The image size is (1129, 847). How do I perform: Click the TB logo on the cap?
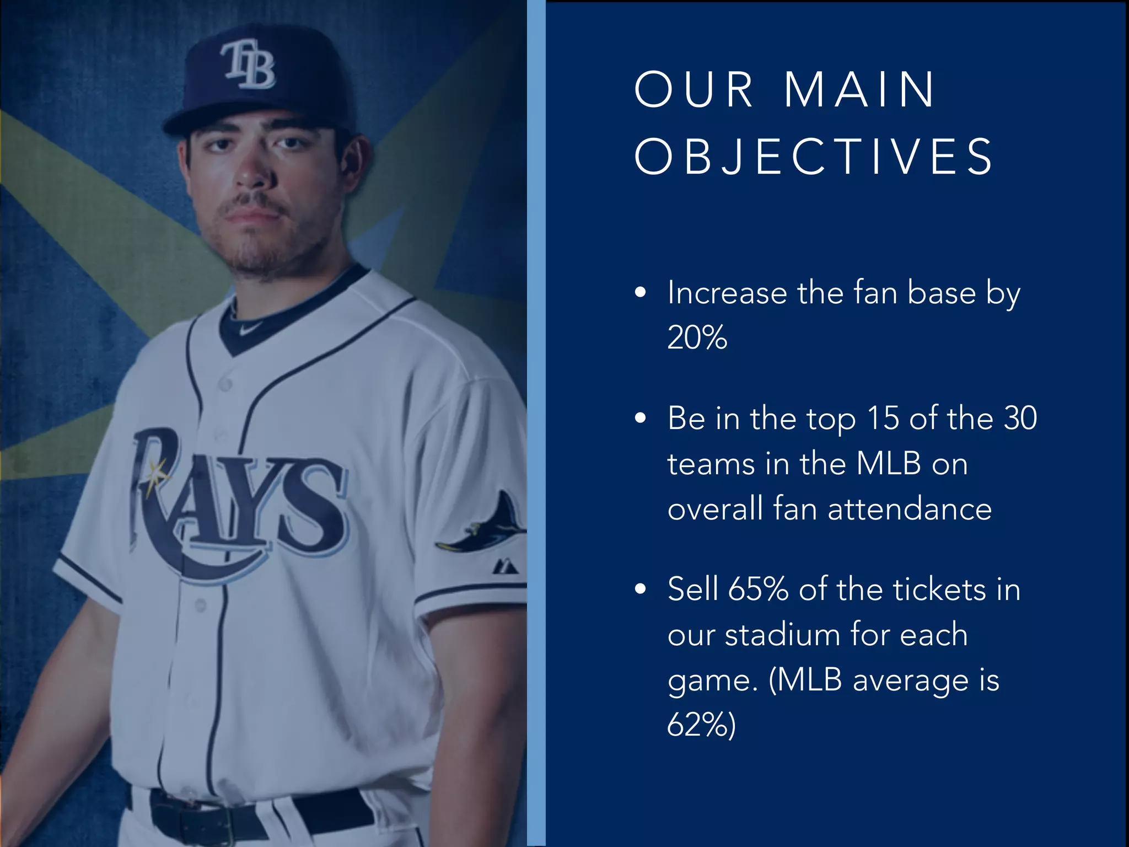249,64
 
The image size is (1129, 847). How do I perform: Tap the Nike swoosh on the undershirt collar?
249,329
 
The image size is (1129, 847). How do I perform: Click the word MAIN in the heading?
859,89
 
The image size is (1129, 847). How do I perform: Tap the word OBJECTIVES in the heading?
814,157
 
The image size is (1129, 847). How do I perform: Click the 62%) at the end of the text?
701,725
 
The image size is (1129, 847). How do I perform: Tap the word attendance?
910,508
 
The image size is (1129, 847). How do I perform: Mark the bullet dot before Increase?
640,293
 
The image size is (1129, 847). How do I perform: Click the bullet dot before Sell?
640,589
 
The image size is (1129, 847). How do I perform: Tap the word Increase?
727,292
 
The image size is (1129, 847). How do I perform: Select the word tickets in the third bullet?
939,589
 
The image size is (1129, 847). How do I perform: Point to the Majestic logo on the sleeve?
505,566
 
